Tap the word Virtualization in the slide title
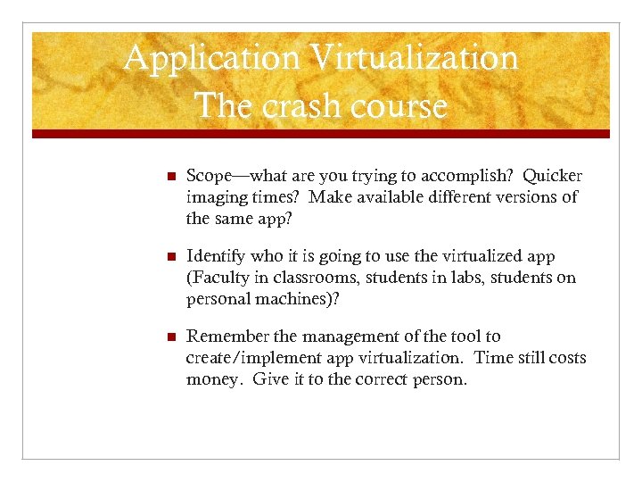click(x=414, y=59)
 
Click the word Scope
click(x=210, y=176)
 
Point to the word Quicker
click(x=553, y=176)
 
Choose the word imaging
click(x=216, y=196)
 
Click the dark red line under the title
click(x=321, y=134)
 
